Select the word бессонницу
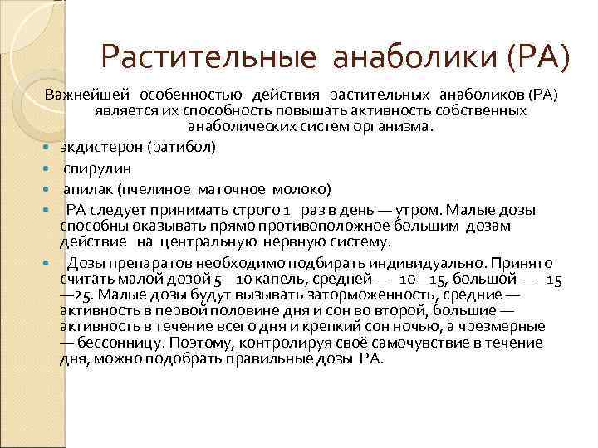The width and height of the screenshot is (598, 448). (x=123, y=343)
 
